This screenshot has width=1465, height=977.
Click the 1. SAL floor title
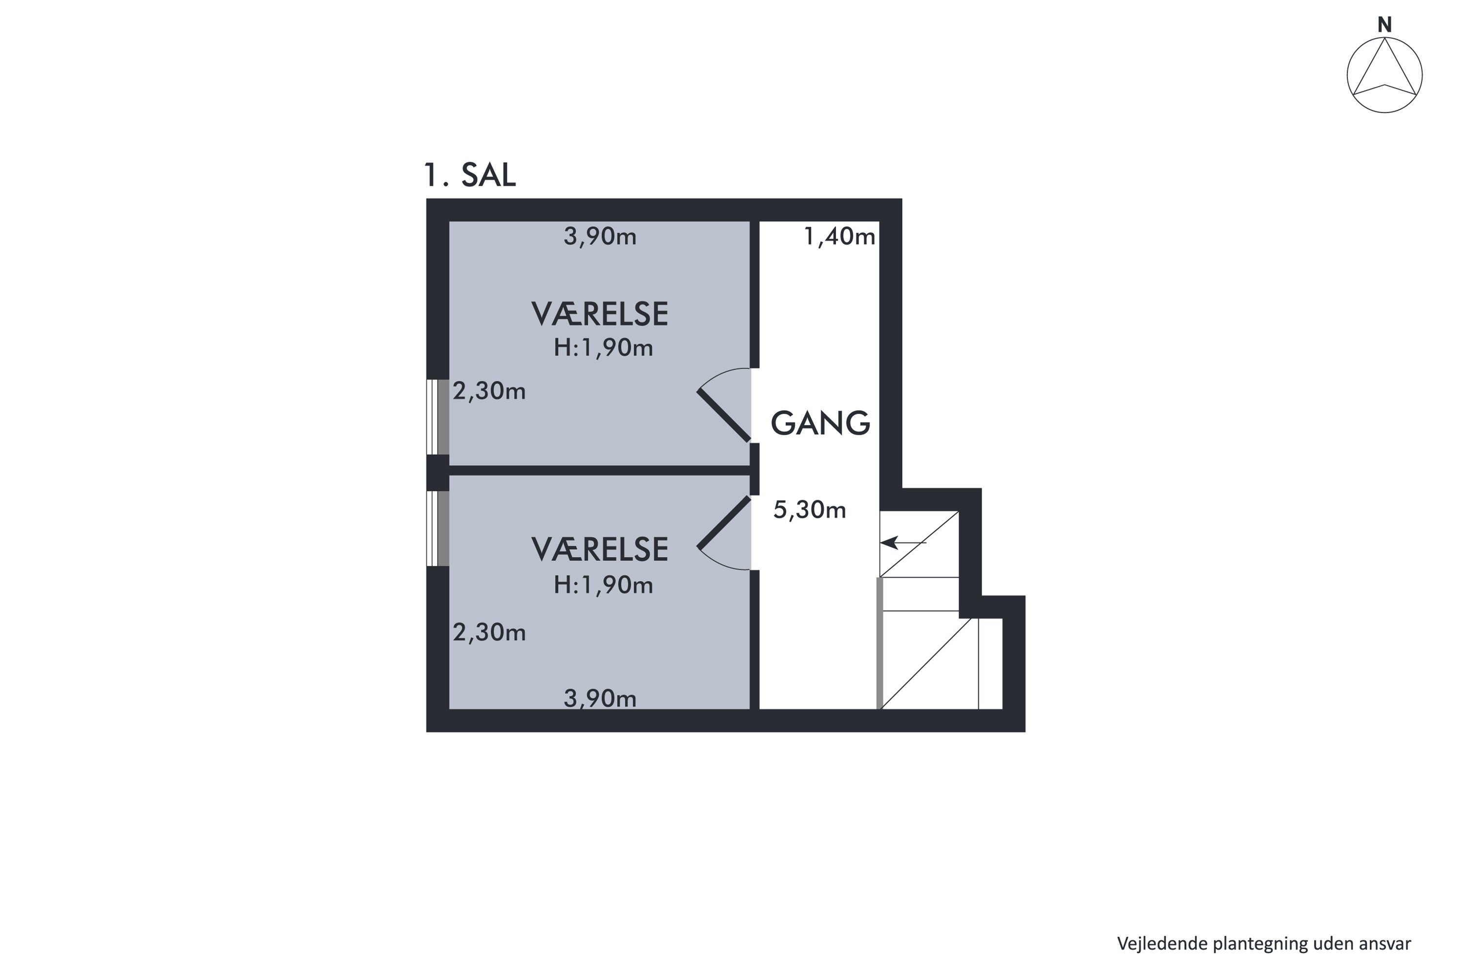click(470, 175)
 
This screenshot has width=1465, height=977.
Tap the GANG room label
click(820, 424)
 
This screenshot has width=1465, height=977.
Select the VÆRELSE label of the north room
click(599, 314)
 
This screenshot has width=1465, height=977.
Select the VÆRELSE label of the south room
click(599, 550)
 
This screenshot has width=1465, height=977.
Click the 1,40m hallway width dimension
click(839, 237)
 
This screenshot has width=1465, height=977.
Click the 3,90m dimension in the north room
click(600, 237)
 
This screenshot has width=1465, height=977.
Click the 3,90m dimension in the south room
click(600, 699)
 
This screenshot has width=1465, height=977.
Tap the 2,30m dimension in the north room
click(489, 391)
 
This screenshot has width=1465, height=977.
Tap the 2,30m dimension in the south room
click(489, 633)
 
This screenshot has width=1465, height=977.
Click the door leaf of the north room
click(723, 416)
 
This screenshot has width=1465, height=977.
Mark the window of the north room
click(438, 417)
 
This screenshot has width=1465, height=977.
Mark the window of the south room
click(438, 529)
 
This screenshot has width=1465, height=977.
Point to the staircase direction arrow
click(903, 543)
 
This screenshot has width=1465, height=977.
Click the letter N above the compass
click(1384, 25)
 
